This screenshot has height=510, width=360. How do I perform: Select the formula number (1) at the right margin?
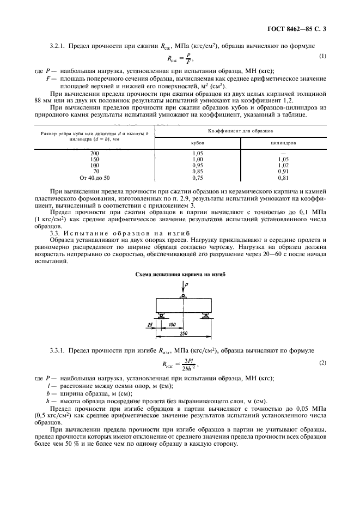(322, 56)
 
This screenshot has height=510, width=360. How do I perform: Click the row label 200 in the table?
(95, 154)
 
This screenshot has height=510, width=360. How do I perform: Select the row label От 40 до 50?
(95, 178)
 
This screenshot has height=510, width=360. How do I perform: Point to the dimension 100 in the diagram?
(172, 324)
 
